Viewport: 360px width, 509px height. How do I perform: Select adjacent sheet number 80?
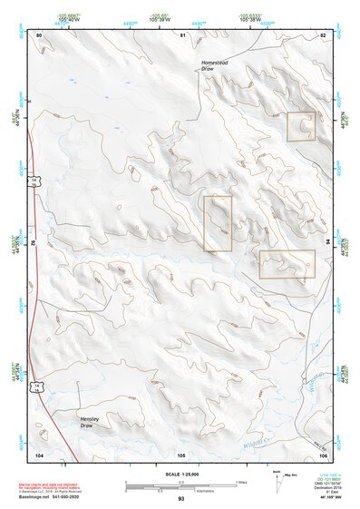(x=39, y=34)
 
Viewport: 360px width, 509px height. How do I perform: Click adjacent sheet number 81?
(x=182, y=34)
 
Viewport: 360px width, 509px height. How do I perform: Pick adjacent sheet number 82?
(x=322, y=34)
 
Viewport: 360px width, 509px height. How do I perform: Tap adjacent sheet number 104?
(x=39, y=453)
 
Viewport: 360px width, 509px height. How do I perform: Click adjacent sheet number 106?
(x=322, y=453)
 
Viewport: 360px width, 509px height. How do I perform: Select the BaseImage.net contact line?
(x=56, y=495)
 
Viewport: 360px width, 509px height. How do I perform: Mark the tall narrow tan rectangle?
(x=218, y=223)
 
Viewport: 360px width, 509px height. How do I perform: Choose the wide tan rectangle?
(x=287, y=264)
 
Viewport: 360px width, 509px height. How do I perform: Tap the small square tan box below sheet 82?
(x=301, y=126)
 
